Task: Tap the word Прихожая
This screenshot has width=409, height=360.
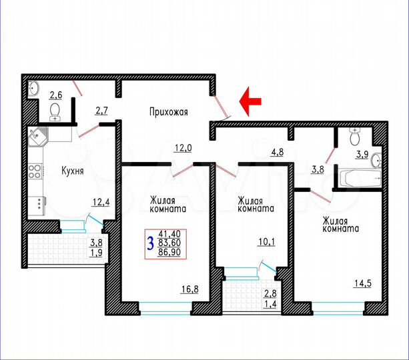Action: coord(168,112)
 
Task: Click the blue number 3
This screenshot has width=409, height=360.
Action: coord(151,243)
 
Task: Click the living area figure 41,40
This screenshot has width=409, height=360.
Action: coord(172,233)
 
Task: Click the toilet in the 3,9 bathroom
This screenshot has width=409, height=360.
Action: coord(356,137)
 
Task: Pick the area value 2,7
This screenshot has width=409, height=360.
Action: coord(102,111)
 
